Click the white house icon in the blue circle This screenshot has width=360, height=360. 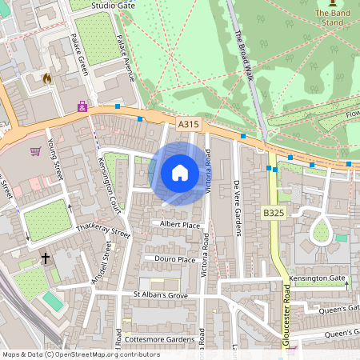(179, 173)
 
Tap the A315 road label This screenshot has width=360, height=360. (188, 125)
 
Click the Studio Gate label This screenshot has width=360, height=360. (114, 5)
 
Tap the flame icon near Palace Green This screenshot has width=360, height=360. (46, 79)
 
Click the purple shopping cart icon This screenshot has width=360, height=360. (35, 150)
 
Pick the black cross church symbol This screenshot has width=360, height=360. (46, 258)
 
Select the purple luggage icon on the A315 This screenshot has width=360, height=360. (82, 106)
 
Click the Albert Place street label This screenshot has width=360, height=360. (180, 225)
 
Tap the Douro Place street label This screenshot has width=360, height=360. (175, 260)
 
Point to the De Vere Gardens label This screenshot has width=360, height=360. (237, 208)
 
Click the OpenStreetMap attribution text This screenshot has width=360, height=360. (81, 354)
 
